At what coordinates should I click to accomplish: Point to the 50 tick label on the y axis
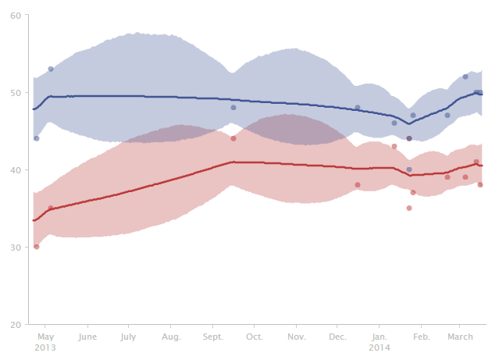point(16,93)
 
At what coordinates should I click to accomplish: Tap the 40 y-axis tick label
point(16,170)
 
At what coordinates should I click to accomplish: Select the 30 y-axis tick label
point(16,248)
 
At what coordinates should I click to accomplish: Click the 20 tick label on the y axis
point(16,325)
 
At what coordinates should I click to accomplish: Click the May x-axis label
point(45,337)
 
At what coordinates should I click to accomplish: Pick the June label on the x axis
point(87,337)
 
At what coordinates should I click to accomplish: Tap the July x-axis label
point(129,337)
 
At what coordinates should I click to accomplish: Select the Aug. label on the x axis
point(171,337)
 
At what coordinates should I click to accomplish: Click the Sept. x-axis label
point(213,337)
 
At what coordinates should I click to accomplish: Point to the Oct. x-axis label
point(255,337)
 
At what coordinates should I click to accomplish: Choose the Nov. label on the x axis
point(296,337)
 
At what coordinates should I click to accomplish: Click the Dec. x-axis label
point(337,337)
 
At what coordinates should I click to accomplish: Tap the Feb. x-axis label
point(421,337)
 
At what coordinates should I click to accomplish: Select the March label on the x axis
point(461,337)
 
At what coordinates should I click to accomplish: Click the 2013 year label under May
point(45,347)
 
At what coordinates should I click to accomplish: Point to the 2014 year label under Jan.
point(380,347)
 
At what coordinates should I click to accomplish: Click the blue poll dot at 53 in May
point(51,70)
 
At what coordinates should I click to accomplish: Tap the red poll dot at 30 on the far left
point(36,247)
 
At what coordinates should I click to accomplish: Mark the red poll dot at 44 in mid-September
point(233,138)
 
